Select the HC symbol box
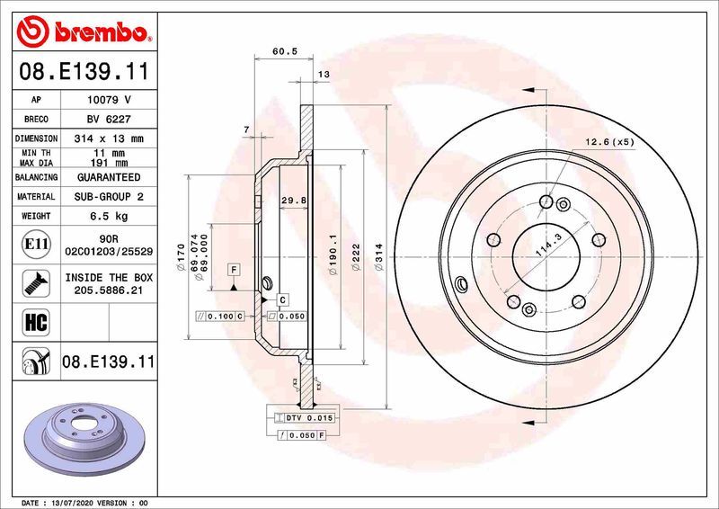coord(28,320)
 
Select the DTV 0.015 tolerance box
coord(306,418)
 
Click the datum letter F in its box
coord(233,269)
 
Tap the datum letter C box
coord(281,299)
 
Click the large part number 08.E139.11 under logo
coord(83,68)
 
